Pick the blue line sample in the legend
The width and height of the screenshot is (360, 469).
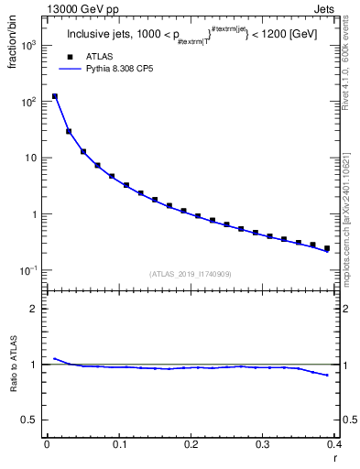coord(70,69)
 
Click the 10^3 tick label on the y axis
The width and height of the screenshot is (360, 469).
coord(29,44)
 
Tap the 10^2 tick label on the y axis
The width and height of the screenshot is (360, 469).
coord(29,101)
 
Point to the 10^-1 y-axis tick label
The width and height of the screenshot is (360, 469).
coord(28,271)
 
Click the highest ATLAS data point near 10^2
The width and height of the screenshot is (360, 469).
coord(55,96)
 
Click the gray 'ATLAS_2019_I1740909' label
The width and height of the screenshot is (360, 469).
coord(191,274)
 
